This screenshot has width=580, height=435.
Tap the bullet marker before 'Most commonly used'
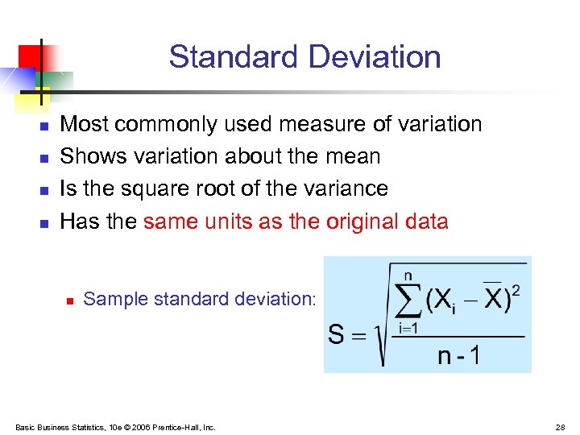tap(45, 126)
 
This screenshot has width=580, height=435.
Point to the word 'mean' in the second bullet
tap(354, 156)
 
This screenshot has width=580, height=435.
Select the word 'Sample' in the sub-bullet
tap(110, 299)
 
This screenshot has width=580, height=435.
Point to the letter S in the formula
tap(338, 333)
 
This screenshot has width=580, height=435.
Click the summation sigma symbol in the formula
tap(408, 301)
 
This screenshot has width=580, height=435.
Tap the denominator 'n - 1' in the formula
tap(458, 355)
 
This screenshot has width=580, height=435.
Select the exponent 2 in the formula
tap(516, 288)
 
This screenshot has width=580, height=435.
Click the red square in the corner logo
tap(31, 56)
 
